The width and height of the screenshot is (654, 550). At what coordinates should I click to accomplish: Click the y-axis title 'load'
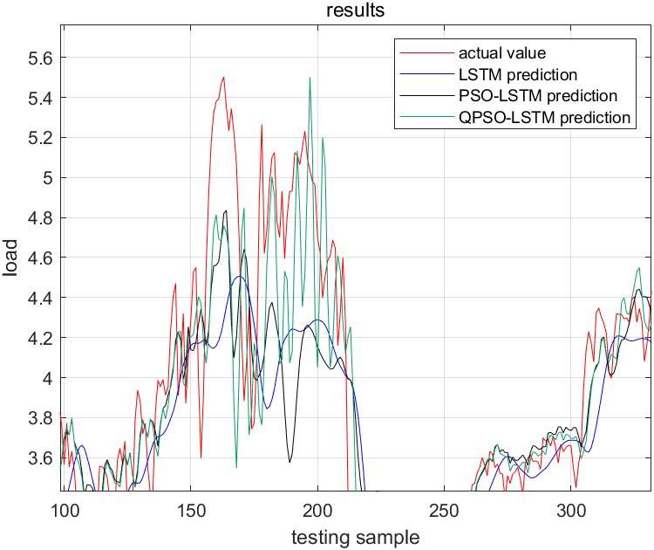coord(10,258)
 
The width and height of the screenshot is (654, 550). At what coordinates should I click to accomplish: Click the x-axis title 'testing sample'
coord(355,537)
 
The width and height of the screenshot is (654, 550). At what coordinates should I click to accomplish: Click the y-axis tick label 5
coord(49,178)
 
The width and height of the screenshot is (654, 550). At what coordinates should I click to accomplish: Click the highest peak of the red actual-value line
coord(224,77)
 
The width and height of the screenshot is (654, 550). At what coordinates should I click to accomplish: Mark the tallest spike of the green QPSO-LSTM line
coord(310,78)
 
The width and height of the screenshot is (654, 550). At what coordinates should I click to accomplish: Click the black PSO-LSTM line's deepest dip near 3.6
coord(290,460)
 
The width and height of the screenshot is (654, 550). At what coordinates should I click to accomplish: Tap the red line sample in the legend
coord(414,53)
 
